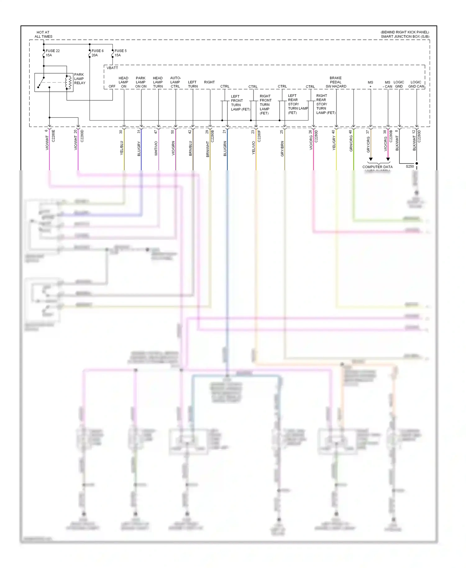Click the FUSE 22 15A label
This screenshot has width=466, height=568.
coord(53,53)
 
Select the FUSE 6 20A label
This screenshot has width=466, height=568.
coord(97,53)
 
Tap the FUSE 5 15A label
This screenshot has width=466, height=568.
coord(120,53)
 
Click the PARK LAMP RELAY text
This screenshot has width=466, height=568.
coord(80,79)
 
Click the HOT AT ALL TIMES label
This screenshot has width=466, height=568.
coord(43,34)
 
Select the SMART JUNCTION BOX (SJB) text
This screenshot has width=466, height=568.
coord(405,37)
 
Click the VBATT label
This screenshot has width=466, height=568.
coord(112,68)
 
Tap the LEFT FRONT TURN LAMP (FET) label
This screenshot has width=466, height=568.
coord(240,103)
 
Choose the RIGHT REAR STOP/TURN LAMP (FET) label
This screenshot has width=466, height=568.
coord(326,104)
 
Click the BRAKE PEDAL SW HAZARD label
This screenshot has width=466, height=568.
coord(336,82)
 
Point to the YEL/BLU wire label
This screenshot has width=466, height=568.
coord(122,148)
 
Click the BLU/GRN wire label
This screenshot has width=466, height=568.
coord(225,148)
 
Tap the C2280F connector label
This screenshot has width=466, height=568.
coord(259,136)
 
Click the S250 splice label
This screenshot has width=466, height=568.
coord(410,167)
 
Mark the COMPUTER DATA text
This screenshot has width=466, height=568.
coord(377,167)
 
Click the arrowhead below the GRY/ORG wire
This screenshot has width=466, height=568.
coord(371,159)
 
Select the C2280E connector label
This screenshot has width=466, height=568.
coord(53,136)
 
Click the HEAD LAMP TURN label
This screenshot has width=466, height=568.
coord(158,82)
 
